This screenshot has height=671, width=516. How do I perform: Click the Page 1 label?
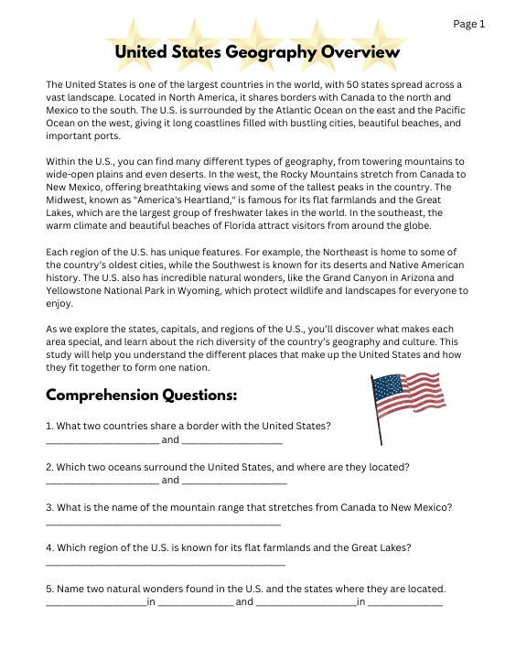coord(469,24)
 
